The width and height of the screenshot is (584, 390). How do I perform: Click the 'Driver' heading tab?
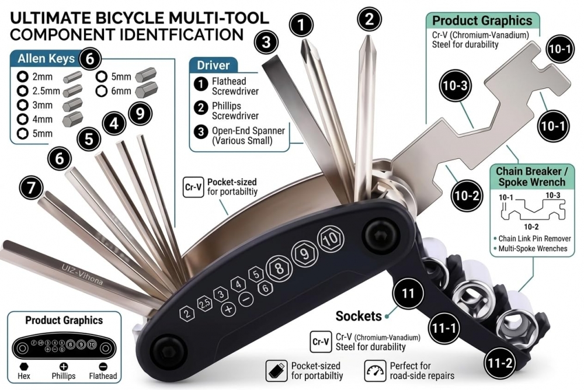[213, 65]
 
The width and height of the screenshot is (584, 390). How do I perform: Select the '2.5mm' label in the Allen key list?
[46, 90]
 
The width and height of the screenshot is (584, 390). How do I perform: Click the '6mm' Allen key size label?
[121, 90]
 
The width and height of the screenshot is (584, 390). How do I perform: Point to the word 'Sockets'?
[359, 316]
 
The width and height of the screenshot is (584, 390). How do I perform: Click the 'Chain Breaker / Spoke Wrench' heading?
[535, 176]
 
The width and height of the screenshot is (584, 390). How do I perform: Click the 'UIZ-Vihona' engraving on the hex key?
[82, 274]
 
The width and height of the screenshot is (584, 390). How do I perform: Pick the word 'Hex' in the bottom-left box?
[23, 376]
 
